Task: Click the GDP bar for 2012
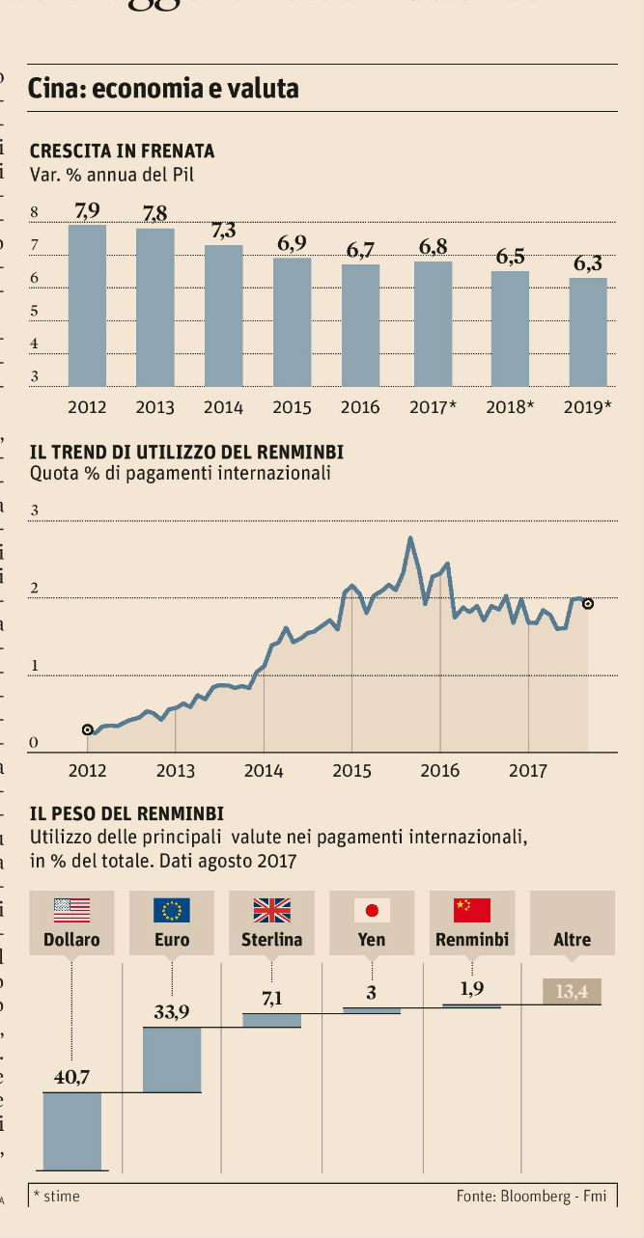click(87, 305)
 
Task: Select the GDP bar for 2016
click(359, 325)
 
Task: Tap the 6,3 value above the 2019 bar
click(587, 263)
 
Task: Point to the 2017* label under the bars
click(432, 407)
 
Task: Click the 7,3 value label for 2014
click(223, 230)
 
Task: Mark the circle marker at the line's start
click(88, 730)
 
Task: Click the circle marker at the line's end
click(587, 604)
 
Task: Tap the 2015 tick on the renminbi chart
click(351, 770)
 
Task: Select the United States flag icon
click(71, 910)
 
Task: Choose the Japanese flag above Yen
click(372, 910)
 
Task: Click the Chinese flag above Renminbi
click(472, 910)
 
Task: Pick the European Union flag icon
click(171, 910)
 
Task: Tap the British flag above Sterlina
click(271, 910)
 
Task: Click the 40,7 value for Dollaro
click(71, 1078)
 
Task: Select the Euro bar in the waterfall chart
click(171, 1059)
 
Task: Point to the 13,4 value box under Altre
click(572, 991)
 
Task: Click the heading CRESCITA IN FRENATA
click(122, 151)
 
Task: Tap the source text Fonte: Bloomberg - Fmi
click(531, 1196)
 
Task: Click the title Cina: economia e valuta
click(163, 89)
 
